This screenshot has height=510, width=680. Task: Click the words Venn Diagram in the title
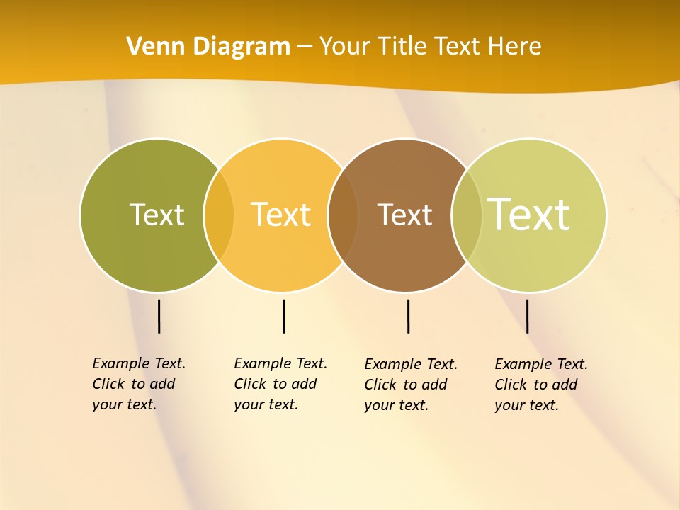point(208,47)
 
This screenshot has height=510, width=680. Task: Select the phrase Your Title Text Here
point(430,47)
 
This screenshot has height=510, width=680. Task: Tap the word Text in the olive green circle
point(157,215)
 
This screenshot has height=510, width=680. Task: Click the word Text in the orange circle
point(281,215)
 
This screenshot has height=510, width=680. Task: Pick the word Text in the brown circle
point(404,215)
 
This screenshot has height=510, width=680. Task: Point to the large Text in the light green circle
point(529,215)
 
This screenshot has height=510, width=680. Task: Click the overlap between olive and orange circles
point(219,215)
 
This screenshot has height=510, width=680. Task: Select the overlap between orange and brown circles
point(343,215)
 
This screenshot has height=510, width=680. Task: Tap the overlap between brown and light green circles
point(467,215)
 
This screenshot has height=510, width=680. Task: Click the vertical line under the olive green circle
point(159,316)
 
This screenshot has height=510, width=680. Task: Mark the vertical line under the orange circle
point(283,316)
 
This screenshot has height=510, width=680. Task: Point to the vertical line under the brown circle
point(408,316)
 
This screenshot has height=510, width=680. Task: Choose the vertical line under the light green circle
point(528,316)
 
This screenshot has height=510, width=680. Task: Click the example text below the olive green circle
point(139,384)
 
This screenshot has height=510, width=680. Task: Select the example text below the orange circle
point(280,384)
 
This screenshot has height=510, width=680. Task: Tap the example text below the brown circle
point(411,385)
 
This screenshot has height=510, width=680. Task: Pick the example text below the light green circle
point(541,385)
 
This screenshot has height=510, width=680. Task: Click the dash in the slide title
point(305,47)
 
